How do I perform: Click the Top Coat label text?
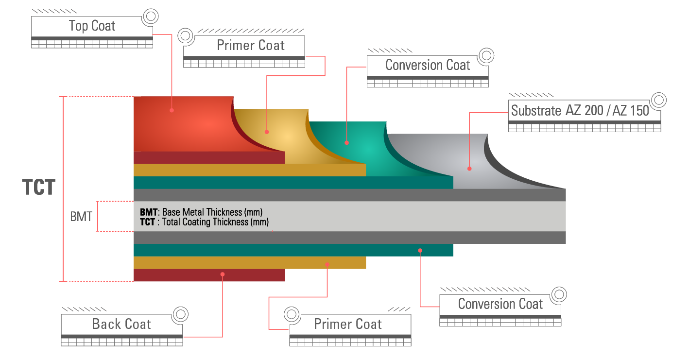(x=92, y=26)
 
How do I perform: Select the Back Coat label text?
(x=121, y=324)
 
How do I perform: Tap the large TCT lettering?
(x=39, y=188)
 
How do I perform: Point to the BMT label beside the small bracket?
(x=81, y=217)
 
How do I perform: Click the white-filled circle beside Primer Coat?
(x=292, y=314)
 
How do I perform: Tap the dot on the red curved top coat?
(x=172, y=110)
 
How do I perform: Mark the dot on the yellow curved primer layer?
(x=267, y=132)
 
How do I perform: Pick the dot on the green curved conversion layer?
(x=346, y=143)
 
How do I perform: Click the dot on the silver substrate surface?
(x=469, y=169)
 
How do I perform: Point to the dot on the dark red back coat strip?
(x=223, y=274)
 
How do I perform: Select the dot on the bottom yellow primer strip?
(x=327, y=265)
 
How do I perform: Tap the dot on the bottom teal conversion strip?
(x=420, y=251)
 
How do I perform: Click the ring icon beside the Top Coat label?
(x=151, y=17)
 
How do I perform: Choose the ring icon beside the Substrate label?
(x=658, y=101)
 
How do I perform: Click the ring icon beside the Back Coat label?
(x=181, y=314)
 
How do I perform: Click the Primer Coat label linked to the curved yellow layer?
(x=251, y=46)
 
